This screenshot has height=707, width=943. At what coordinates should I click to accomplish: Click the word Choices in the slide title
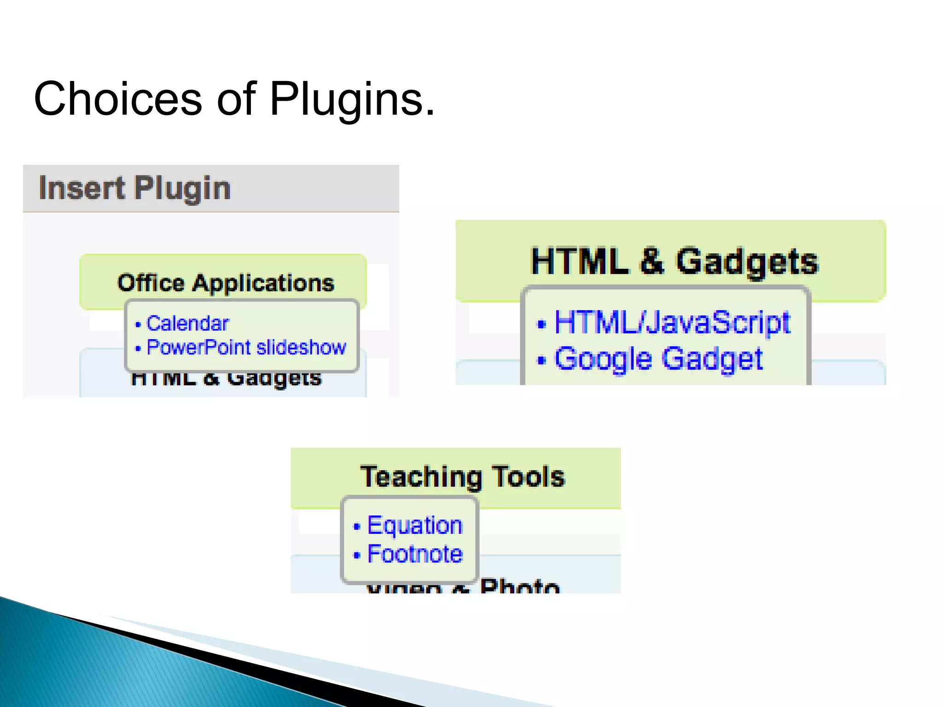[x=118, y=99]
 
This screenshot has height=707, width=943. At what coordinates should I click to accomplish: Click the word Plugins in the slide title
[x=352, y=99]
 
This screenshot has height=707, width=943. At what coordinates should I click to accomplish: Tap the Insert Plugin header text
[x=134, y=188]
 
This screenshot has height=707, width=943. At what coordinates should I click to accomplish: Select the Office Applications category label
[x=226, y=283]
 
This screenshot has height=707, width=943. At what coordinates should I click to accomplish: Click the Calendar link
[x=187, y=324]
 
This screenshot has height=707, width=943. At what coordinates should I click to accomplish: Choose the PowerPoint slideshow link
[x=246, y=348]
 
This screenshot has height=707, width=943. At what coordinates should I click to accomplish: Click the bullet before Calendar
[x=138, y=325]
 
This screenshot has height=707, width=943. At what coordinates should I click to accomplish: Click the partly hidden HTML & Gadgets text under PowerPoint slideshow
[x=226, y=379]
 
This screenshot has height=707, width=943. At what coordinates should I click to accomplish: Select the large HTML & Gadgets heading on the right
[x=675, y=261]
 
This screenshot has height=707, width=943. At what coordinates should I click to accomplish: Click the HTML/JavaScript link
[x=672, y=322]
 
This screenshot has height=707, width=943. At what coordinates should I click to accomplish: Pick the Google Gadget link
[x=658, y=359]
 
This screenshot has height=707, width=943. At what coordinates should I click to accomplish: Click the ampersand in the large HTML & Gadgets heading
[x=652, y=261]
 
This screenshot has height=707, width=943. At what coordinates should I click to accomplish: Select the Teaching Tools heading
[x=462, y=476]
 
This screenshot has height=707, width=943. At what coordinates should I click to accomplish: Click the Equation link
[x=414, y=525]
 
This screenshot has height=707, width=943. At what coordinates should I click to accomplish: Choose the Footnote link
[x=414, y=554]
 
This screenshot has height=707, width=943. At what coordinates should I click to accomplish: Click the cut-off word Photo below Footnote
[x=519, y=586]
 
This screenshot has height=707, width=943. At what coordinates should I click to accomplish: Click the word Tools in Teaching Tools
[x=528, y=476]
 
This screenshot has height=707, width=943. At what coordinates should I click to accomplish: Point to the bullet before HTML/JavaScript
[x=541, y=325]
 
